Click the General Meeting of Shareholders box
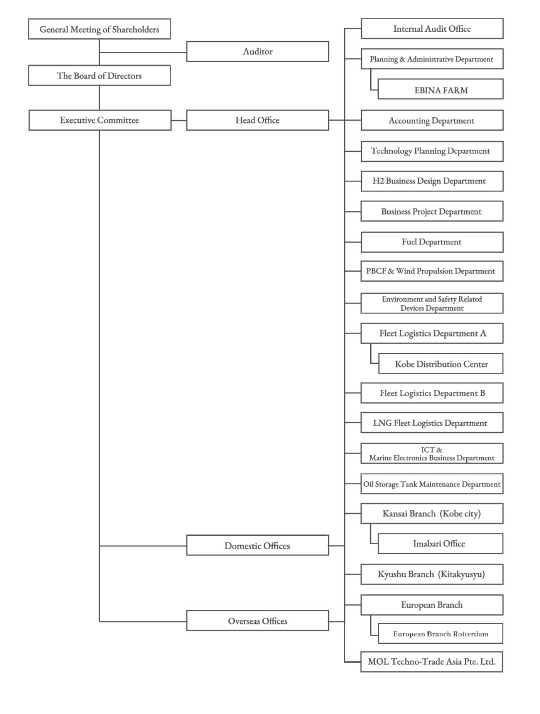point(99,29)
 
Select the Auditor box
point(258,51)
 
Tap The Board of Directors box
point(99,75)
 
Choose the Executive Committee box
point(100,120)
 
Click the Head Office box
point(258,120)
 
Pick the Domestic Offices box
point(258,545)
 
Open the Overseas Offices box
point(258,620)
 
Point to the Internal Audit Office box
point(432,29)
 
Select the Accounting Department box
point(432,120)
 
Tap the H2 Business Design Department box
point(432,181)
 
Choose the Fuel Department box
point(432,242)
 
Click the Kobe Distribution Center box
point(441,363)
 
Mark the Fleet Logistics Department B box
point(432,393)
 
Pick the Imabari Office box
point(440,543)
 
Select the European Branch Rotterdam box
point(440,633)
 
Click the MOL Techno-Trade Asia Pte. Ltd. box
point(432,662)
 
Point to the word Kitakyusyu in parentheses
point(462,574)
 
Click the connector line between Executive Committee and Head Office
point(179,120)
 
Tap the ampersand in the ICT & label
point(439,450)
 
